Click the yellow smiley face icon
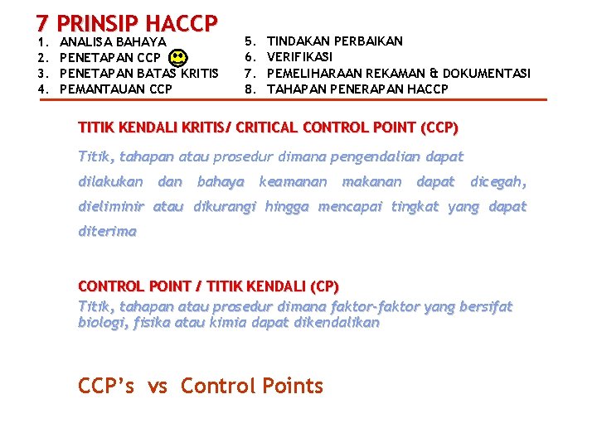pyautogui.click(x=177, y=58)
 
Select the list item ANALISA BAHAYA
pyautogui.click(x=114, y=41)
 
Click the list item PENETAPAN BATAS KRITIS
pyautogui.click(x=140, y=73)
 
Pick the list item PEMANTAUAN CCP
pyautogui.click(x=117, y=89)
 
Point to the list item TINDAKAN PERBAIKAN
pyautogui.click(x=335, y=41)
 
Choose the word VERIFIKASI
pyautogui.click(x=299, y=57)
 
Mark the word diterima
pyautogui.click(x=107, y=232)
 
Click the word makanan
pyautogui.click(x=371, y=181)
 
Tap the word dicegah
pyautogui.click(x=498, y=181)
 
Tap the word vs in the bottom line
pyautogui.click(x=158, y=386)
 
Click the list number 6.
pyautogui.click(x=249, y=57)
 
